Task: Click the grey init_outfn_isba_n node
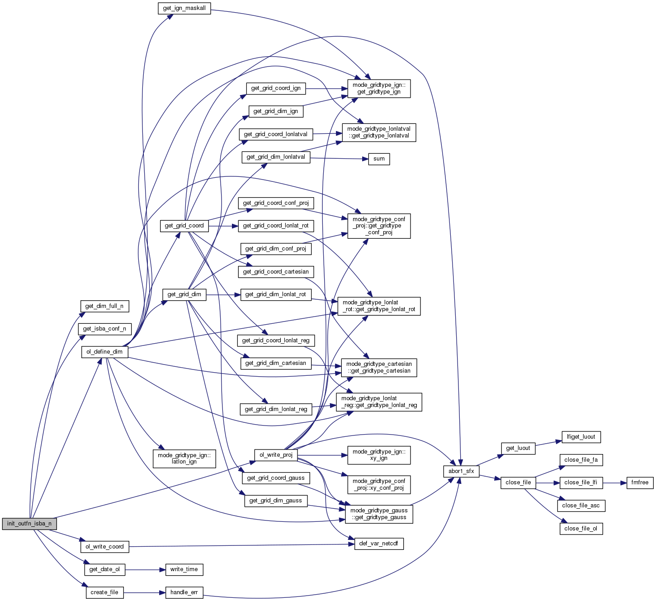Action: pyautogui.click(x=29, y=524)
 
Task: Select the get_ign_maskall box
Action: pyautogui.click(x=184, y=8)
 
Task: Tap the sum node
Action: pyautogui.click(x=379, y=159)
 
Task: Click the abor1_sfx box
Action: pyautogui.click(x=461, y=471)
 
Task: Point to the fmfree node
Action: pyautogui.click(x=640, y=483)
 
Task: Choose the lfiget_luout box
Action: pyautogui.click(x=581, y=437)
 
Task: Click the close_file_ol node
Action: pyautogui.click(x=581, y=528)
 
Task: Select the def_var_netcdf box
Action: pyautogui.click(x=379, y=544)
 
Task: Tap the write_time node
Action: pyautogui.click(x=184, y=569)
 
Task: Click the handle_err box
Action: pyautogui.click(x=184, y=592)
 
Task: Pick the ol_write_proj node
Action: pyautogui.click(x=276, y=455)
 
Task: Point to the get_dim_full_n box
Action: pyautogui.click(x=104, y=306)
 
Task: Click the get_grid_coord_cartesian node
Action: pyautogui.click(x=276, y=272)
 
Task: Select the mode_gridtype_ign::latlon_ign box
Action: pyautogui.click(x=184, y=459)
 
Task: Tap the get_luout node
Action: pyautogui.click(x=518, y=448)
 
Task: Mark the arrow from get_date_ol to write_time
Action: pyautogui.click(x=145, y=570)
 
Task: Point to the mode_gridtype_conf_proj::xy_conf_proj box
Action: pyautogui.click(x=379, y=485)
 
